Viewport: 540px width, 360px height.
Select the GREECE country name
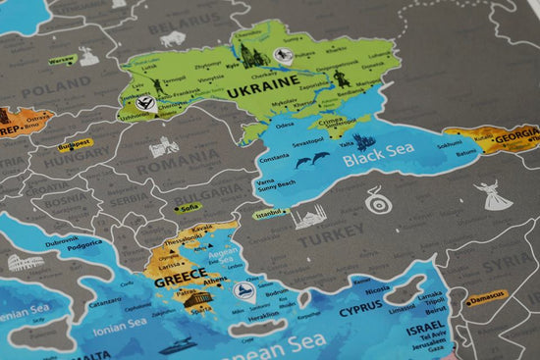(x=180, y=274)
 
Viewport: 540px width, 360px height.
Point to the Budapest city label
(x=75, y=143)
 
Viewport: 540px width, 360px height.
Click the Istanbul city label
(x=269, y=213)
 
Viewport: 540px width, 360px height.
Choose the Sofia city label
(x=190, y=207)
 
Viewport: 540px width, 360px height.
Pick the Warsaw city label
(x=62, y=59)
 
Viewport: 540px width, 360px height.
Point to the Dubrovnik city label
(x=61, y=239)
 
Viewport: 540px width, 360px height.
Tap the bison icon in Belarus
(x=174, y=39)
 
